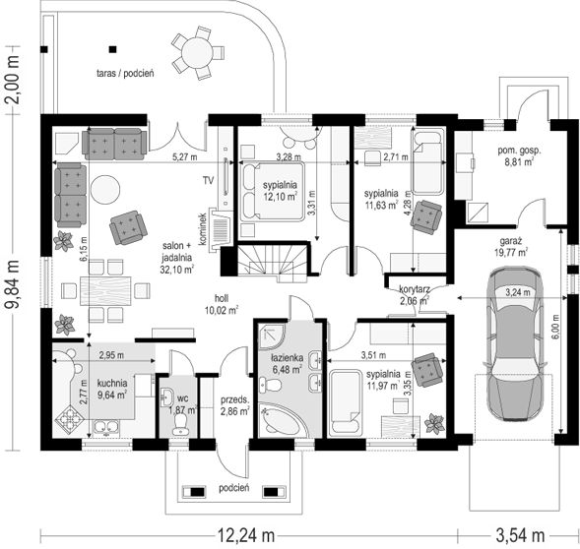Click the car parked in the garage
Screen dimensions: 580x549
[x=513, y=343]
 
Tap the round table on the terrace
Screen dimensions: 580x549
[x=197, y=53]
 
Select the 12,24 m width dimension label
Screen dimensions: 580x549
[x=245, y=535]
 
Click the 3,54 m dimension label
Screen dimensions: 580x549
[x=520, y=535]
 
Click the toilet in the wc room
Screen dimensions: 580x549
[x=181, y=423]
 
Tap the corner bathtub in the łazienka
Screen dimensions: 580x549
[x=280, y=419]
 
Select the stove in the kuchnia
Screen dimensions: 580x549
[x=69, y=419]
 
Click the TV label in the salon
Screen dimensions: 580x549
[x=208, y=181]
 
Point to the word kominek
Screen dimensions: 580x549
[x=202, y=229]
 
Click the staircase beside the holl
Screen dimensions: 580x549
[x=272, y=262]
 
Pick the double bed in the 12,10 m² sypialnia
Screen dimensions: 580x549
[x=272, y=191]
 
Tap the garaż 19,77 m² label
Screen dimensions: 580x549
[x=511, y=247]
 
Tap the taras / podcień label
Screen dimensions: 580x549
[x=125, y=73]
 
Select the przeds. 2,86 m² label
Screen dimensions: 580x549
[x=235, y=405]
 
